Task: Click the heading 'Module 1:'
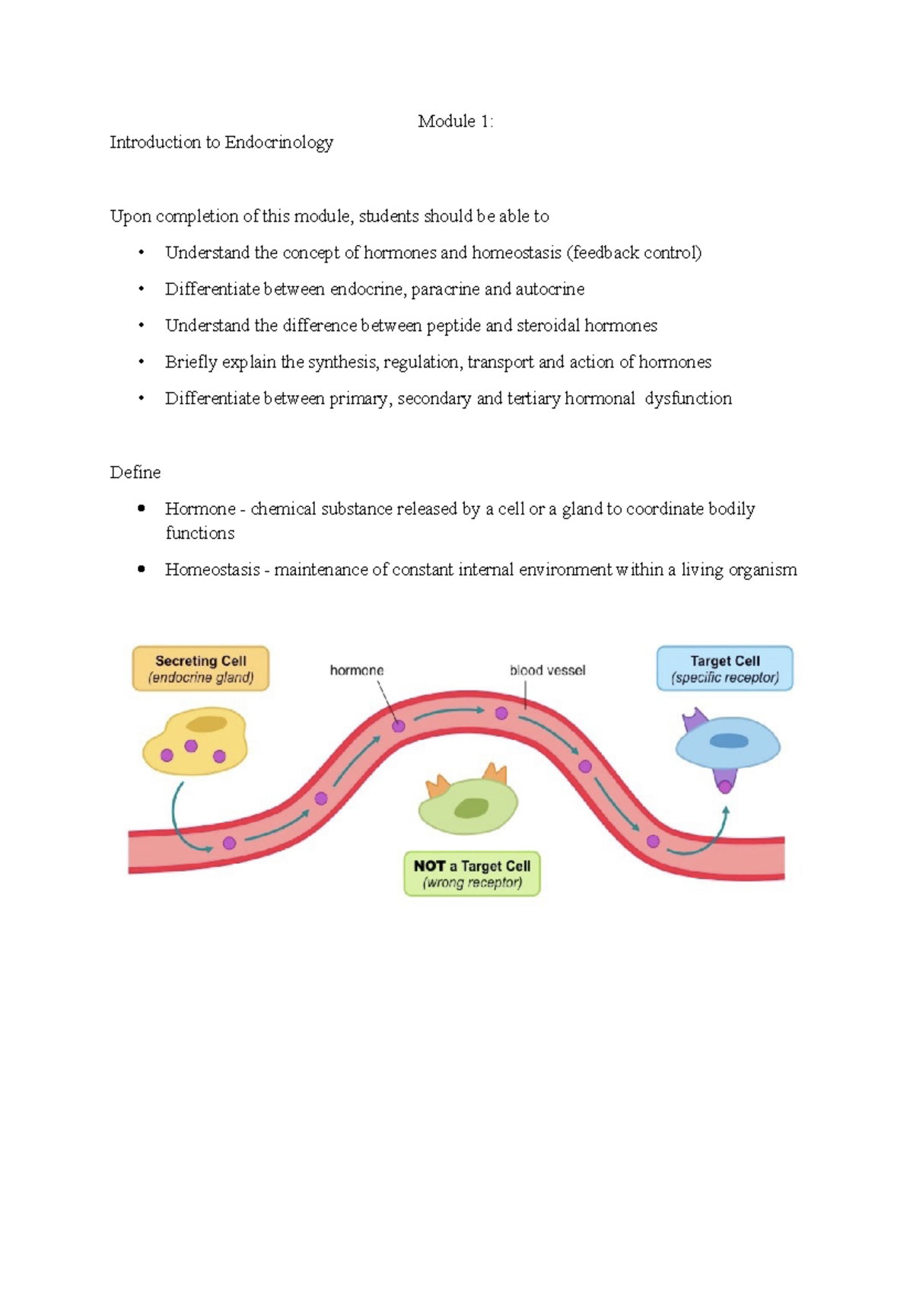455,121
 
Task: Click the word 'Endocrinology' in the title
278,142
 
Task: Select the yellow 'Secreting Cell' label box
201,669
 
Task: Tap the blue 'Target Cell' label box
724,669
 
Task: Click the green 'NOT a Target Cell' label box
472,874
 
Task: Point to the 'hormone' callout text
356,671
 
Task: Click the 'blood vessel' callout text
547,671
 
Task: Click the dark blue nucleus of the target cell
729,741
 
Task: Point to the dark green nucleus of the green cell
472,808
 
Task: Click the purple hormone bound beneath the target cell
725,784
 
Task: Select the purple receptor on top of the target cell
694,719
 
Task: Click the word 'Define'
135,473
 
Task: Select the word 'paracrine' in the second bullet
444,290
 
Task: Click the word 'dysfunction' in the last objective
688,399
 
